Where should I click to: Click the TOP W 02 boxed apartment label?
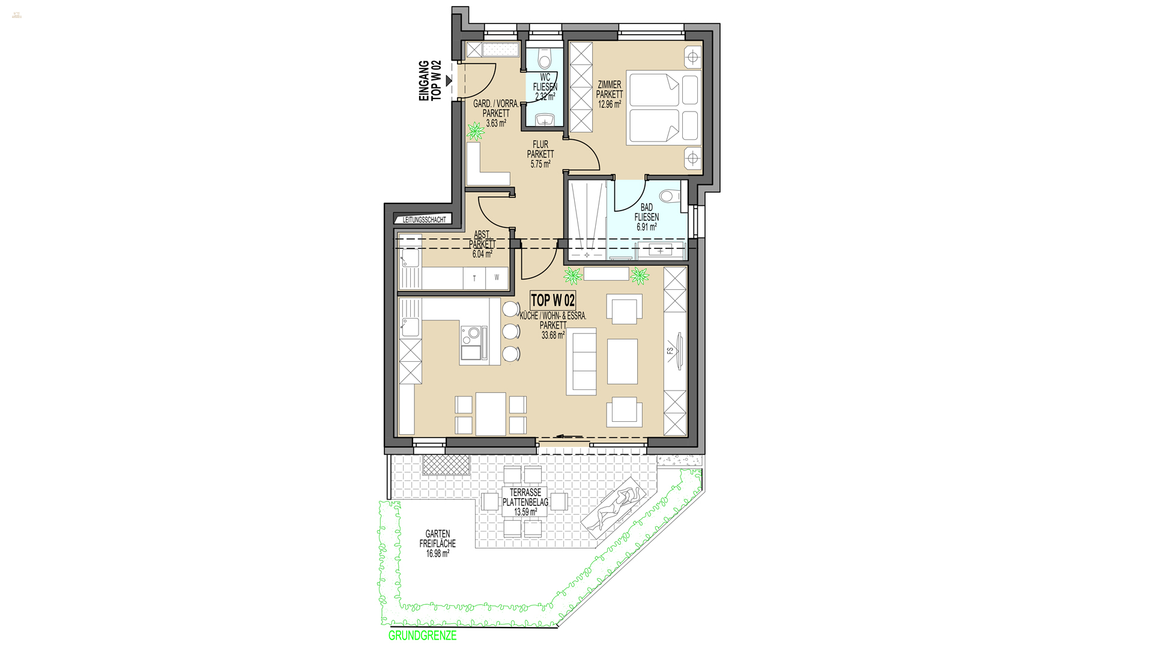(x=552, y=301)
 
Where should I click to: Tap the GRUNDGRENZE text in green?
(x=422, y=636)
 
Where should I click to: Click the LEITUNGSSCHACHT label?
(x=425, y=220)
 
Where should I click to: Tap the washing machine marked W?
(x=497, y=278)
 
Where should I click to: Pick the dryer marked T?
(x=474, y=278)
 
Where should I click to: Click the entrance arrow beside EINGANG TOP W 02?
(x=449, y=80)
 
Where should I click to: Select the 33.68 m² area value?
(x=553, y=336)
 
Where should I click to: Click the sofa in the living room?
(x=581, y=361)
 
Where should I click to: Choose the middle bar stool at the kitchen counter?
(x=510, y=331)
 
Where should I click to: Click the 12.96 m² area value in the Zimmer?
(x=610, y=104)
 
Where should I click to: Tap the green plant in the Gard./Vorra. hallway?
(x=476, y=130)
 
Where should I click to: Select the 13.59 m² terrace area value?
(x=525, y=512)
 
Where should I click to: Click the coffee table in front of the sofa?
(x=622, y=361)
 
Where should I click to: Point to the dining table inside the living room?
(x=491, y=414)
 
